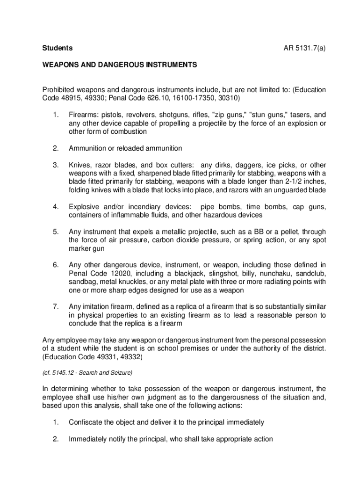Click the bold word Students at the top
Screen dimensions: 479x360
pyautogui.click(x=58, y=48)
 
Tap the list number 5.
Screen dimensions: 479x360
pyautogui.click(x=55, y=232)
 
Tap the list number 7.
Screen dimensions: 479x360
pyautogui.click(x=55, y=307)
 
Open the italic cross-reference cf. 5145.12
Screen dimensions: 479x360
pyautogui.click(x=61, y=373)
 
